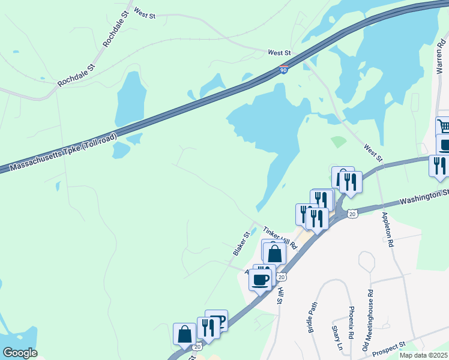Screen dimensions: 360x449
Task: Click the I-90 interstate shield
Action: tap(283, 70)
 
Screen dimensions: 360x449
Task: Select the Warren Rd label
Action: tap(439, 54)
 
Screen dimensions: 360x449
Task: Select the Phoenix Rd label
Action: tap(352, 320)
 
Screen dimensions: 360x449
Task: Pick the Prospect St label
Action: tap(389, 349)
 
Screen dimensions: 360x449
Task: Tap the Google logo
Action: tap(20, 353)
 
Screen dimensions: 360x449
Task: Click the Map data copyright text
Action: tap(423, 355)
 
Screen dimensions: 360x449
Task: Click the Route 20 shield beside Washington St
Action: tap(352, 214)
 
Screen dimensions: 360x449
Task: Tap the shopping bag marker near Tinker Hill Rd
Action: tap(274, 252)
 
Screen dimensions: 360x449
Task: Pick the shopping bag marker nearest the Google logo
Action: tap(184, 334)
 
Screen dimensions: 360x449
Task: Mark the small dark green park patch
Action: tap(339, 142)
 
